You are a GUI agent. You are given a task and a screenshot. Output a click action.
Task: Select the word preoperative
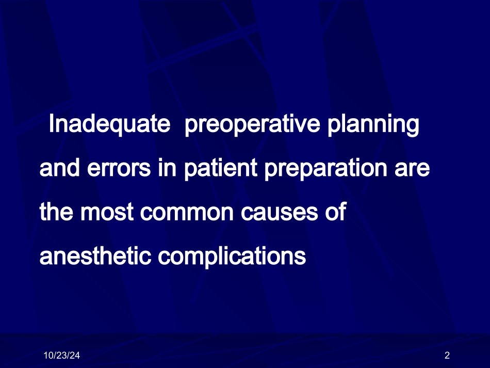coord(252,125)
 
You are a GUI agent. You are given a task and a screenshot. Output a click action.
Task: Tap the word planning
coord(373,125)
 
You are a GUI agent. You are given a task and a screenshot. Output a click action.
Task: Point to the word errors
coord(119,168)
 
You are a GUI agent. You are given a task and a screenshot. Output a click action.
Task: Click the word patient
coord(220,169)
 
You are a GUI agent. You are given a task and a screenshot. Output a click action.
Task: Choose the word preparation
coord(325,169)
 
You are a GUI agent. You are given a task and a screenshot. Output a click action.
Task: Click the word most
coord(107,212)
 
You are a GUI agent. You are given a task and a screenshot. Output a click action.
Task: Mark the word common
coord(187,213)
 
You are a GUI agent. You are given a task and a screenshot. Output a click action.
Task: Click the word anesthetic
coord(95,256)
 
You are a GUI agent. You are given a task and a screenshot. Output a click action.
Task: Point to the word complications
coord(232,257)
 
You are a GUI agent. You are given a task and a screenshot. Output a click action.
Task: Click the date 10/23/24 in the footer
coord(61,356)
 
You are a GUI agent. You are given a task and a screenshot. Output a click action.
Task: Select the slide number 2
coord(447,356)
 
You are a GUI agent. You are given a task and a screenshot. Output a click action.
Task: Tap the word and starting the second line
coord(59,167)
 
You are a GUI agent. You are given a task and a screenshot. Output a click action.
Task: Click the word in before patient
coord(167,167)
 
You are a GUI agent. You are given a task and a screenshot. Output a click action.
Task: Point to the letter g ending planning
coord(414,127)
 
